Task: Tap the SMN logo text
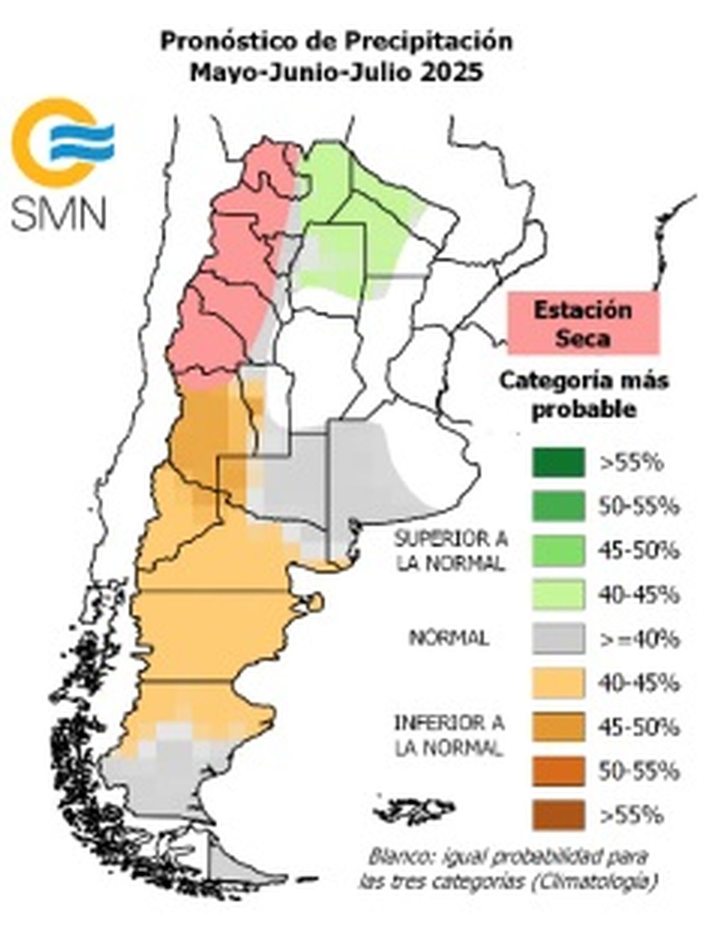[x=58, y=213]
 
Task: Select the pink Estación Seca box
[x=583, y=324]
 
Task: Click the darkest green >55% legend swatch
[x=558, y=462]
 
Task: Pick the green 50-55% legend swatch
[x=558, y=506]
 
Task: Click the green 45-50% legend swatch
[x=558, y=550]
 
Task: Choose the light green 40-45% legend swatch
[x=558, y=595]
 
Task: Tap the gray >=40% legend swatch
[x=558, y=639]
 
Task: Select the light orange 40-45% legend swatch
[x=558, y=683]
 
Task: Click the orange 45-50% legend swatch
[x=558, y=727]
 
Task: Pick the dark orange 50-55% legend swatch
[x=558, y=771]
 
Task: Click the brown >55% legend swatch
[x=558, y=815]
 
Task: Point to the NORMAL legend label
[x=450, y=638]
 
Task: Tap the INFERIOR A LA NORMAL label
[x=450, y=736]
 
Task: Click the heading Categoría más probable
[x=583, y=394]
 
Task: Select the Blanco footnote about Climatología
[x=508, y=869]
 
